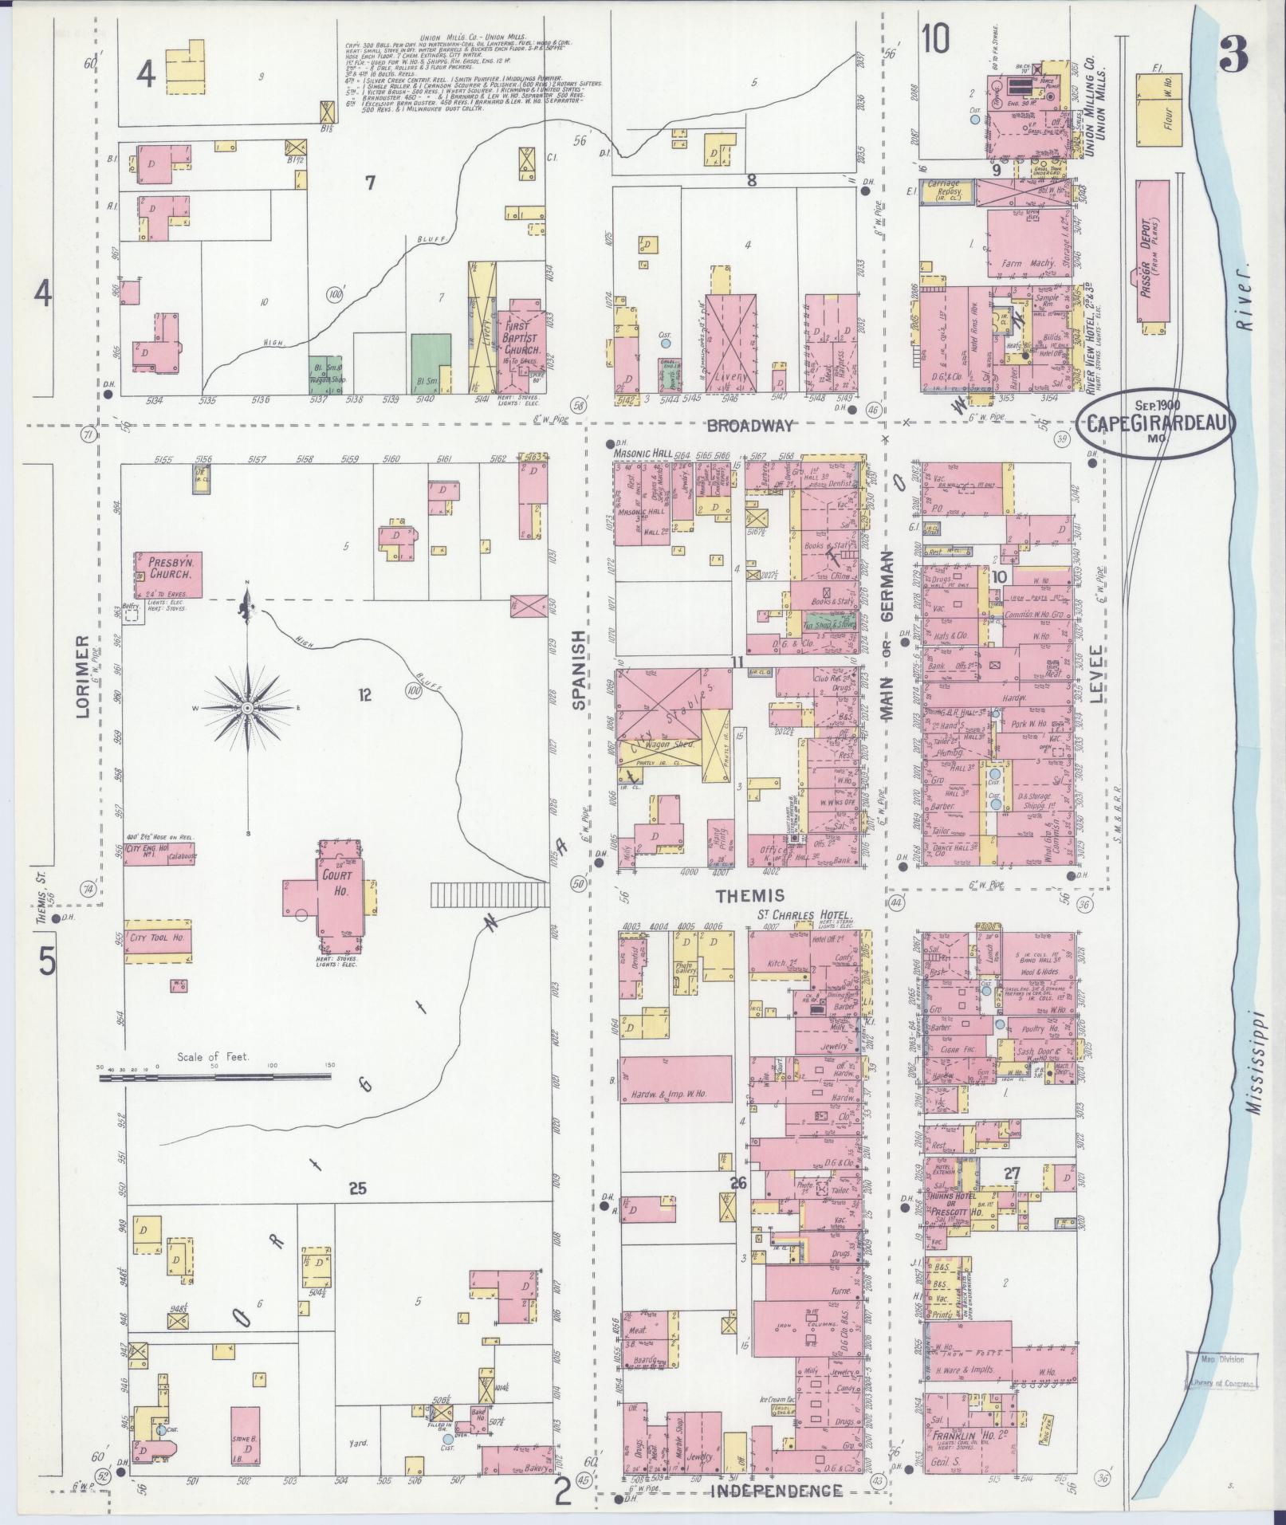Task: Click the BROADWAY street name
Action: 750,425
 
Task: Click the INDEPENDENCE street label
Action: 777,1491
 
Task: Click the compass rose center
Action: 247,707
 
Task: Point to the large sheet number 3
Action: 1233,53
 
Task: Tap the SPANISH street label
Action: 579,670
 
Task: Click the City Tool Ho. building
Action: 158,938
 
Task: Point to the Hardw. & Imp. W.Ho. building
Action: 675,1079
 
